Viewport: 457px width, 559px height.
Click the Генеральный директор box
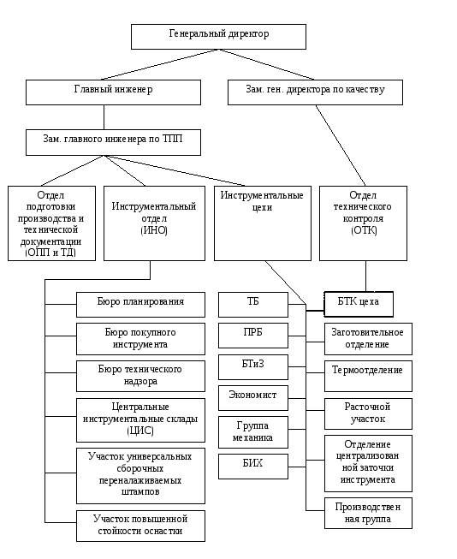pos(218,37)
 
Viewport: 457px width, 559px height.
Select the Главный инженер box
pos(113,92)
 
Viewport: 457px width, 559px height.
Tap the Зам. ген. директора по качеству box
pos(316,92)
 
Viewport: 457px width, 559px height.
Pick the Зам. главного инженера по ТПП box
pos(113,143)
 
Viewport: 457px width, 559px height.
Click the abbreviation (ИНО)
pos(154,230)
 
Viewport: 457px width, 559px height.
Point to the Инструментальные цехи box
pos(263,223)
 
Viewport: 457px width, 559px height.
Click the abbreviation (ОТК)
pos(364,230)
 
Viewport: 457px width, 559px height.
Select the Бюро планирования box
pos(141,305)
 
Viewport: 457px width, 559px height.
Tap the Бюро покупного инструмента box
pos(141,339)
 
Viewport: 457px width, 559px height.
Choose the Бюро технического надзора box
pos(141,376)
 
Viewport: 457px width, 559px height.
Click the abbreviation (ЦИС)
pos(140,431)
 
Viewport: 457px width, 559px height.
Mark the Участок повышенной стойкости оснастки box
pos(141,526)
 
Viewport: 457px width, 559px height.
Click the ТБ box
pos(253,305)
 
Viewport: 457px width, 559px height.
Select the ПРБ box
pos(253,336)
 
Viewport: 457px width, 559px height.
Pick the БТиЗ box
pos(253,367)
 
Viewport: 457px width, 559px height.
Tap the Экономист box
pos(253,398)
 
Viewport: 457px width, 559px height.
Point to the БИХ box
pos(253,467)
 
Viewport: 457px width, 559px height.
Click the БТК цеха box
pos(359,304)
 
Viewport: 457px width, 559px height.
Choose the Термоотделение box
pos(368,376)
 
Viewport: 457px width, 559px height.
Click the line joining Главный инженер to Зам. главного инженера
pos(104,117)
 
